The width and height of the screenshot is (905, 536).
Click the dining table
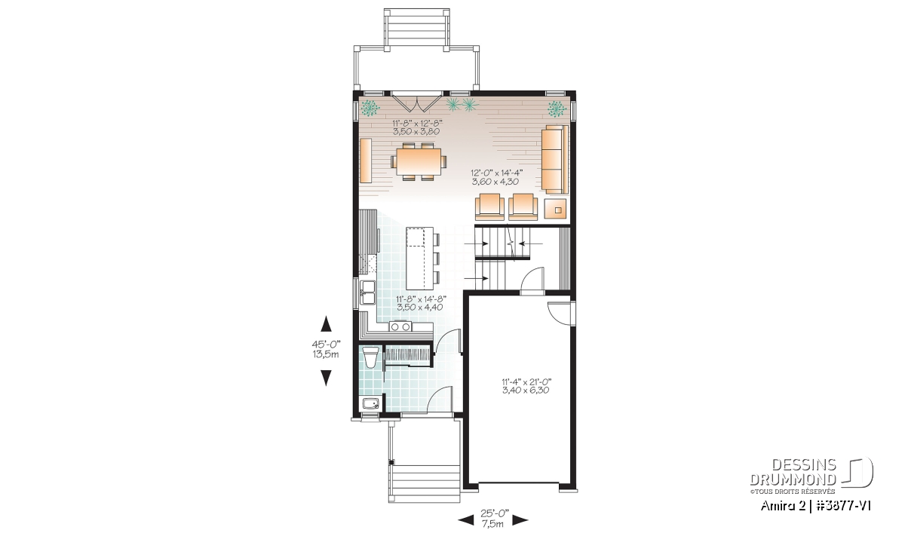[419, 161]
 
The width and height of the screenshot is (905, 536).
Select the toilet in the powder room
[370, 357]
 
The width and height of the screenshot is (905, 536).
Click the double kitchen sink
[86, 293]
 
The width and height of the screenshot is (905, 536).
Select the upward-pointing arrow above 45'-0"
[326, 324]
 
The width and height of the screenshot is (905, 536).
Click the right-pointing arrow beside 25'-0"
[520, 521]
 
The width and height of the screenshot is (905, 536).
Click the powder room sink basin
[370, 403]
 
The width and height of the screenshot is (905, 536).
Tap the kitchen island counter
[419, 259]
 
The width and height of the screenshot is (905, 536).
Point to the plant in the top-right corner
[557, 109]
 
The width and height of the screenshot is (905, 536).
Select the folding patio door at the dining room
[416, 103]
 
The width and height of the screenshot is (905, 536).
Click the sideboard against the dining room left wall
[366, 161]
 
